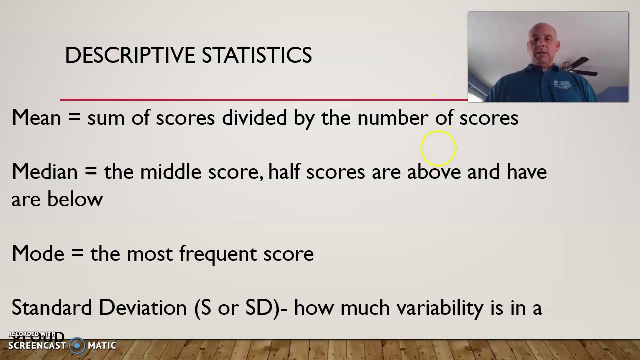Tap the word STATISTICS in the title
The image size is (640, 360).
(x=257, y=55)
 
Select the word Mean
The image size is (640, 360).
(x=36, y=118)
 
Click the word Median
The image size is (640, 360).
(x=45, y=171)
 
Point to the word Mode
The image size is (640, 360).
(x=38, y=254)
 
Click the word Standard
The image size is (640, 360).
(x=52, y=307)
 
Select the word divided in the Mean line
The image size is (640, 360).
(x=254, y=118)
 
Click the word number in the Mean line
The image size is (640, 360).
(x=393, y=118)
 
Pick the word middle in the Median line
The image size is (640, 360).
(x=170, y=171)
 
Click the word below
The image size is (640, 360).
(x=75, y=199)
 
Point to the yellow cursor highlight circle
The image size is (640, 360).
(x=438, y=148)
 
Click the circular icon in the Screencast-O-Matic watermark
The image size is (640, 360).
(x=77, y=345)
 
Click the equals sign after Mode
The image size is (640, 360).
(x=77, y=254)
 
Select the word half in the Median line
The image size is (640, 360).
(x=284, y=171)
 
